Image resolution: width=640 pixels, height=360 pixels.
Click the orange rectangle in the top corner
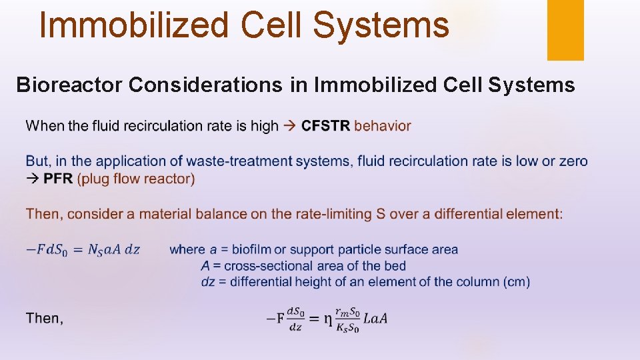pyautogui.click(x=565, y=29)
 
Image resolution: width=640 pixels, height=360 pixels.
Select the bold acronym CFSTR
pyautogui.click(x=326, y=125)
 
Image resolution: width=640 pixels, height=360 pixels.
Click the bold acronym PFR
pyautogui.click(x=59, y=179)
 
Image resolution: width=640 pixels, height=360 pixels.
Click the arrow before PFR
pyautogui.click(x=33, y=179)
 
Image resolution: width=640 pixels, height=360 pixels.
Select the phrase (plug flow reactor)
pyautogui.click(x=136, y=179)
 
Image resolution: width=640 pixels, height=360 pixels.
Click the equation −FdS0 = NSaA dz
pyautogui.click(x=83, y=250)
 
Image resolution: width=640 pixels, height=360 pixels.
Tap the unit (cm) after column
pyautogui.click(x=517, y=281)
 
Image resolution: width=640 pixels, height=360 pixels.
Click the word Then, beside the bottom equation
pyautogui.click(x=45, y=318)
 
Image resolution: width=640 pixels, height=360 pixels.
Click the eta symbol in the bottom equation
pyautogui.click(x=327, y=319)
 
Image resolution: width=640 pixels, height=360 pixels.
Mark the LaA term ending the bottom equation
pyautogui.click(x=375, y=319)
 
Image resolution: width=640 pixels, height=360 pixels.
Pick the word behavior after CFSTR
pyautogui.click(x=383, y=125)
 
